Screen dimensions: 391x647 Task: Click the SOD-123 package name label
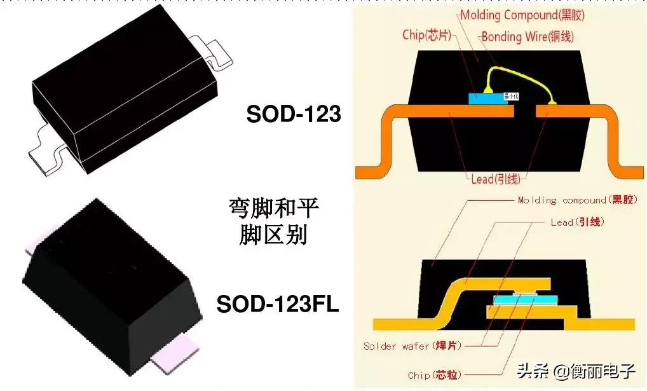(294, 114)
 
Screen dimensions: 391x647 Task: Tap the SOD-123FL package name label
(278, 304)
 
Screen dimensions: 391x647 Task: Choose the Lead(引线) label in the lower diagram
(577, 223)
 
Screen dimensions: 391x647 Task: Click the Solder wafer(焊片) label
(412, 346)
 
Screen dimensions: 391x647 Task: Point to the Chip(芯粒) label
(435, 375)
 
